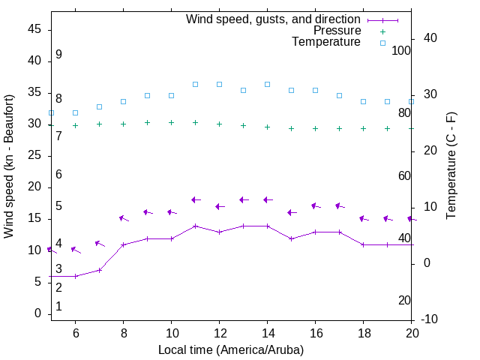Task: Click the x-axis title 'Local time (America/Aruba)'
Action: [x=231, y=349]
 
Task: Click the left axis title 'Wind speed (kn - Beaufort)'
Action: [x=9, y=166]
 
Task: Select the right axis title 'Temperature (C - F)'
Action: [x=451, y=166]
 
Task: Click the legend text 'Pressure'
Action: [x=337, y=31]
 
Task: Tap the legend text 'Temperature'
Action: [x=326, y=42]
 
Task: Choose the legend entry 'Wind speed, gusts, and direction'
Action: [x=274, y=19]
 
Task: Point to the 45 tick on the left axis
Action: [x=34, y=29]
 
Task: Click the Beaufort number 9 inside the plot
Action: [x=58, y=55]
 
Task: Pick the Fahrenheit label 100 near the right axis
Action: [x=401, y=50]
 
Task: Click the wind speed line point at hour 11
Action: [x=195, y=226]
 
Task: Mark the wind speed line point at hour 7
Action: [x=99, y=270]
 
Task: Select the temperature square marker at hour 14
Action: [x=267, y=84]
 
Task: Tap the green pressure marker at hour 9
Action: [x=147, y=122]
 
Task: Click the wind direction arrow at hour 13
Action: [x=244, y=199]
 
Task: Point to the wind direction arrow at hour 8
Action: [x=124, y=218]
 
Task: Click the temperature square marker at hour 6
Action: [x=75, y=112]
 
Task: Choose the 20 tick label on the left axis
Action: [x=34, y=187]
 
